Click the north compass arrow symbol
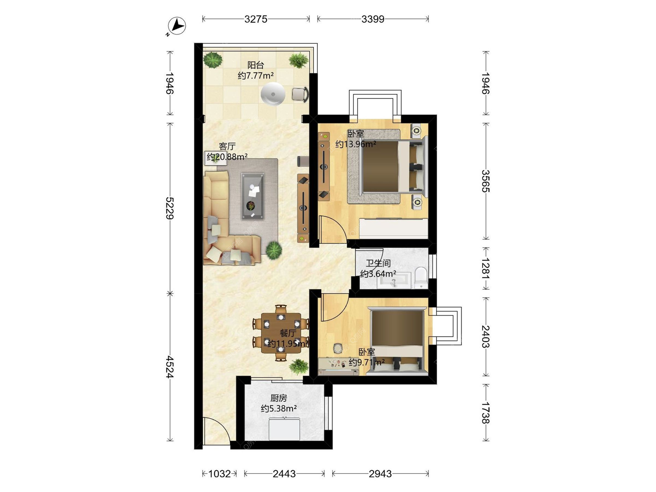point(177,26)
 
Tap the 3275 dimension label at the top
point(256,19)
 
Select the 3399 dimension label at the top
point(373,19)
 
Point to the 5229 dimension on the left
point(170,208)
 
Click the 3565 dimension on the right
point(486,181)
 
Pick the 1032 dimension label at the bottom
point(220,474)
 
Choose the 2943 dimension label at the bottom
point(380,474)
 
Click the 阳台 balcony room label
point(256,65)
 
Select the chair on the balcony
point(300,95)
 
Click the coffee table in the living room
point(253,196)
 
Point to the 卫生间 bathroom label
point(378,263)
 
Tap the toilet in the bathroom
point(421,277)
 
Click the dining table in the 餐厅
point(281,333)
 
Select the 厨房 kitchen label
point(278,398)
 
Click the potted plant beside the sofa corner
point(274,250)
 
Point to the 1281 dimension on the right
point(486,269)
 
